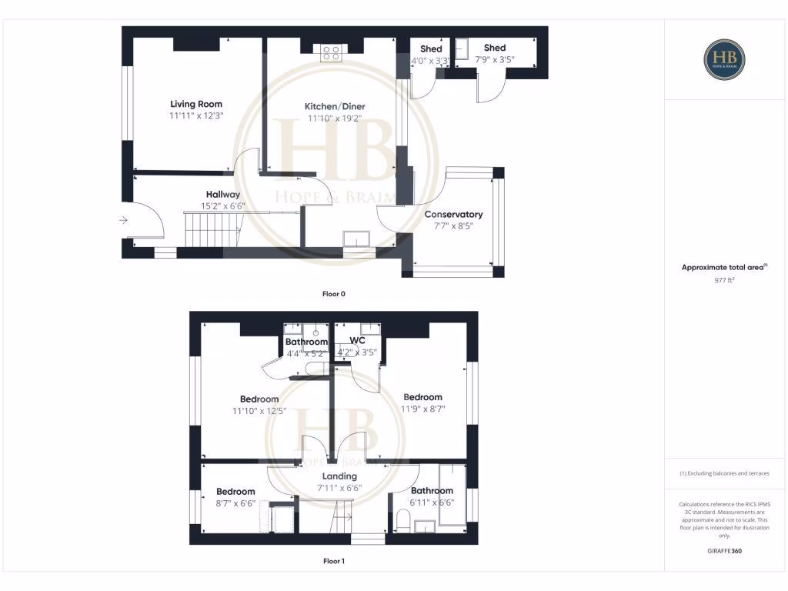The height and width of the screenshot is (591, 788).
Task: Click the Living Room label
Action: [196, 104]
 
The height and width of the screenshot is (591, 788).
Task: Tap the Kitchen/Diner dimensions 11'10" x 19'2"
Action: [336, 119]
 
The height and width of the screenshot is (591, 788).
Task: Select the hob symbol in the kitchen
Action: [332, 52]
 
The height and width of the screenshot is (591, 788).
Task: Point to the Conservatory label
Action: [453, 215]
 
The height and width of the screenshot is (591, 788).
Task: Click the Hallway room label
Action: [222, 195]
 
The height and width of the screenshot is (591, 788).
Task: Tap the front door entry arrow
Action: [124, 221]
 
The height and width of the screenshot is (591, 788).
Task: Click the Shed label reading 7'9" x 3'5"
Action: [495, 48]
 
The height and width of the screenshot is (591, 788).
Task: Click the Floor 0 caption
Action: [334, 293]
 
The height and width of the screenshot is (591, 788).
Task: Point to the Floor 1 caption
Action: [334, 561]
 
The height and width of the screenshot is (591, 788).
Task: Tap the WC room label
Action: [357, 341]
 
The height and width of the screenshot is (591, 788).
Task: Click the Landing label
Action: [339, 476]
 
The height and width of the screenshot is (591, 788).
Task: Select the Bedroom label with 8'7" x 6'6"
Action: [235, 492]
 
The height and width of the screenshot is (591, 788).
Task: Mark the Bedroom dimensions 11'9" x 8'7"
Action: [422, 409]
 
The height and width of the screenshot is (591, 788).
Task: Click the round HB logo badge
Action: [724, 59]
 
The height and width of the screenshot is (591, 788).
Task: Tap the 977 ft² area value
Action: [724, 280]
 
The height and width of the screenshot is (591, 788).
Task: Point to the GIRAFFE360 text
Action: [724, 551]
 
